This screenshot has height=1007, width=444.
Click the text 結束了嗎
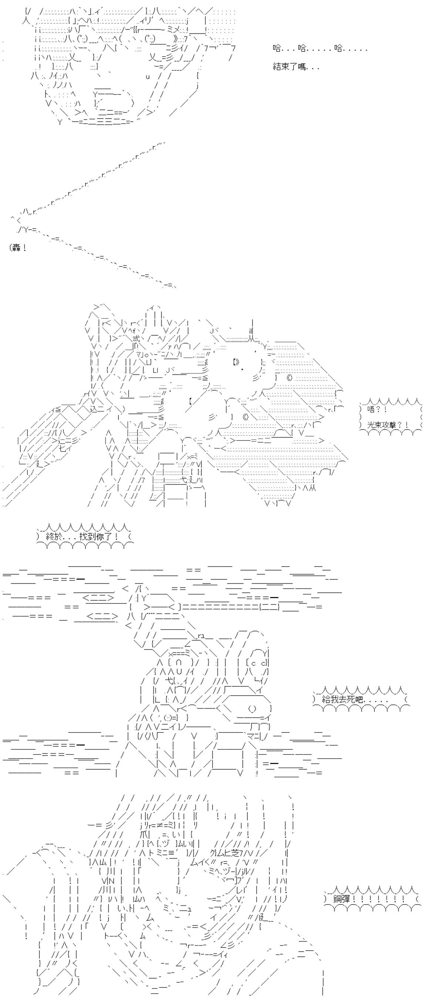pos(291,67)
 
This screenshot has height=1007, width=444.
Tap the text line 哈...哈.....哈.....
pos(320,48)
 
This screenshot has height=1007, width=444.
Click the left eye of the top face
pos(82,39)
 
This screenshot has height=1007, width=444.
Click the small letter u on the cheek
pos(148,77)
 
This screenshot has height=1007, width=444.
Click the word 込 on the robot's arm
pos(94,409)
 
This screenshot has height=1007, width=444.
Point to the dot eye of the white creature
pos(243,369)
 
